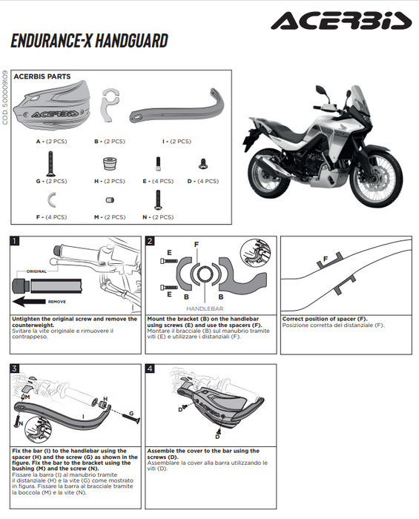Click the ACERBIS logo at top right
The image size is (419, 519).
pos(340,21)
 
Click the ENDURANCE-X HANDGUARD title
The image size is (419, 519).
pos(89,41)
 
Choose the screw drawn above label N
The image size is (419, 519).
pos(157,199)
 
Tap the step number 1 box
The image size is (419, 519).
pos(16,241)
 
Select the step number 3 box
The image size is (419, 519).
pos(16,368)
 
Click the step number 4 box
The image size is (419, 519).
pos(151,368)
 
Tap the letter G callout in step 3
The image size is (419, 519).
pos(131,413)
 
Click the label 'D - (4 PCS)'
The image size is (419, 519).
pos(202,180)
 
